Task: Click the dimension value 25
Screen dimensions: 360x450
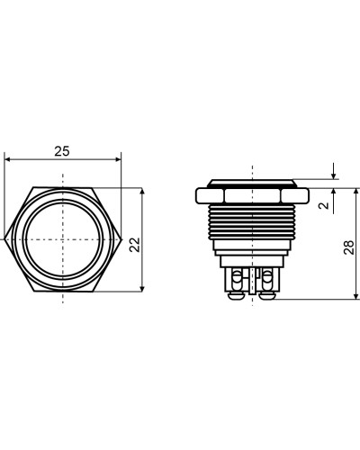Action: pos(62,151)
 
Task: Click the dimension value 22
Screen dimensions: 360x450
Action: pos(135,245)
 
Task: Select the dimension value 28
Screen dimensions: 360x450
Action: pos(349,247)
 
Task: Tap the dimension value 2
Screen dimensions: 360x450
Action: pos(324,205)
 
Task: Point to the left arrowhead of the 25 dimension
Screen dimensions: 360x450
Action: pos(8,159)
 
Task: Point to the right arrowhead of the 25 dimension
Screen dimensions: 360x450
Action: pos(118,159)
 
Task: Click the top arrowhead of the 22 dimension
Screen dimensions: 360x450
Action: pos(142,192)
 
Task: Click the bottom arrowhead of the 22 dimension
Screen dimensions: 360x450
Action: pos(142,288)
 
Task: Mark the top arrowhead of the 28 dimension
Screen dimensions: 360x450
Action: pos(356,192)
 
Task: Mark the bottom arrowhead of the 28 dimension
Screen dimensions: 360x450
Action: pos(356,295)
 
